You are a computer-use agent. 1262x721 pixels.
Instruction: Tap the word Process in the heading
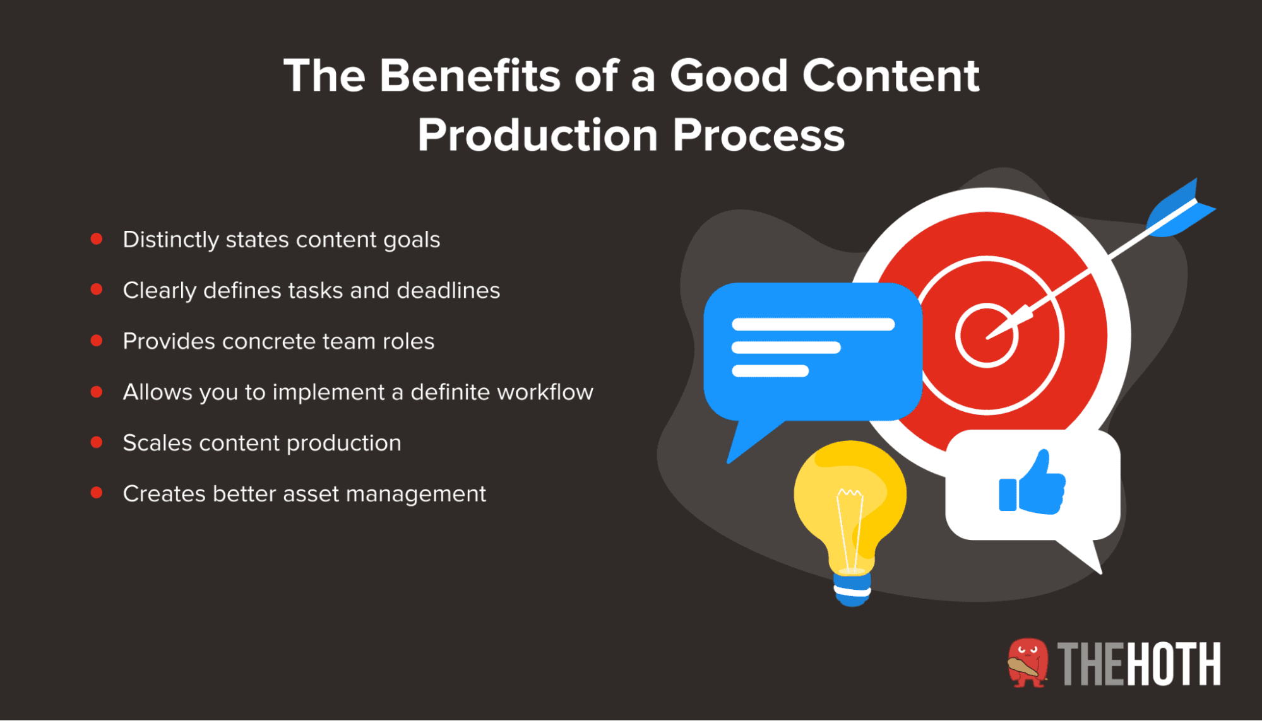click(758, 135)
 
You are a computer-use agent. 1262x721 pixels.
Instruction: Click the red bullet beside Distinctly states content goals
click(97, 238)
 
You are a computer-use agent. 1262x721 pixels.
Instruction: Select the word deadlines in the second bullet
click(448, 290)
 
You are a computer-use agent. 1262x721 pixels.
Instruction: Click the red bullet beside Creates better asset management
click(97, 493)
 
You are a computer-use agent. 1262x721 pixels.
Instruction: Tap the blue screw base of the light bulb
click(852, 590)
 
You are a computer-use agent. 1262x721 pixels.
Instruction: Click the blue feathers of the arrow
click(1179, 211)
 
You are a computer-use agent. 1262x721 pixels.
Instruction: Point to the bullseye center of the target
click(987, 336)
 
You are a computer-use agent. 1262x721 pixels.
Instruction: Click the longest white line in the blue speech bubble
click(813, 324)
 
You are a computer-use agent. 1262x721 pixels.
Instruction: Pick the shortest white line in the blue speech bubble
click(770, 371)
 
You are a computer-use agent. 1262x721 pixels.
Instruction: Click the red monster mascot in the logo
click(1027, 662)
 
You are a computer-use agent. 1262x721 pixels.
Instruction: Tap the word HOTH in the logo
click(1173, 664)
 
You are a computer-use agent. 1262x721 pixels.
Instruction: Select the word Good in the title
click(729, 76)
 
